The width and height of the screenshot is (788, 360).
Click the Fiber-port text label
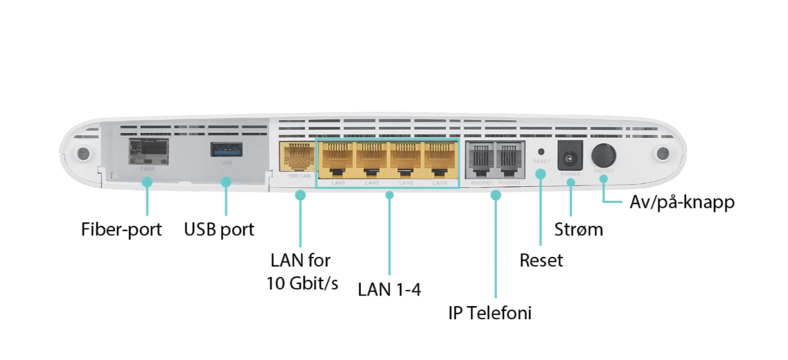122,229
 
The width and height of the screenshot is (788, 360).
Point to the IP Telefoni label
491,313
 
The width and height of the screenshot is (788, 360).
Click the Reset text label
540,260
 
